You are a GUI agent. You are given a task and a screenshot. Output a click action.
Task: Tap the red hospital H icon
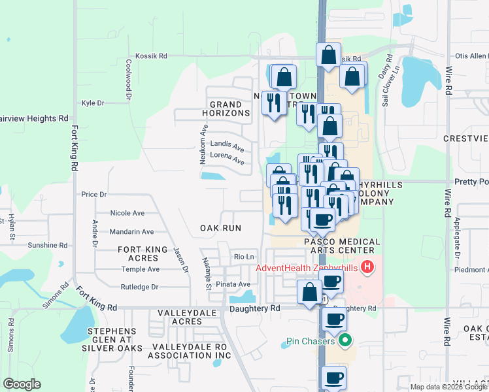[x=367, y=267]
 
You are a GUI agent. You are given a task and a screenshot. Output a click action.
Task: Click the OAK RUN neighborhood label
[x=220, y=228]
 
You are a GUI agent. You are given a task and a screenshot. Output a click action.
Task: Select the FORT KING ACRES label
[x=147, y=253]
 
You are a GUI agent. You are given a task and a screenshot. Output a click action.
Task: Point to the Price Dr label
[x=93, y=195]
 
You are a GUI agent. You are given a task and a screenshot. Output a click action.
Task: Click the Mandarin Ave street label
[x=131, y=231]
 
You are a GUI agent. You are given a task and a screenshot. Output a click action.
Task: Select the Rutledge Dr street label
[x=140, y=287]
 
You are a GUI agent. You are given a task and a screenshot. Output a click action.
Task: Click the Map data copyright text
[x=448, y=387]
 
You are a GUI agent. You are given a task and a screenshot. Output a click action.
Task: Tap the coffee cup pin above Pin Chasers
[x=334, y=319]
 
